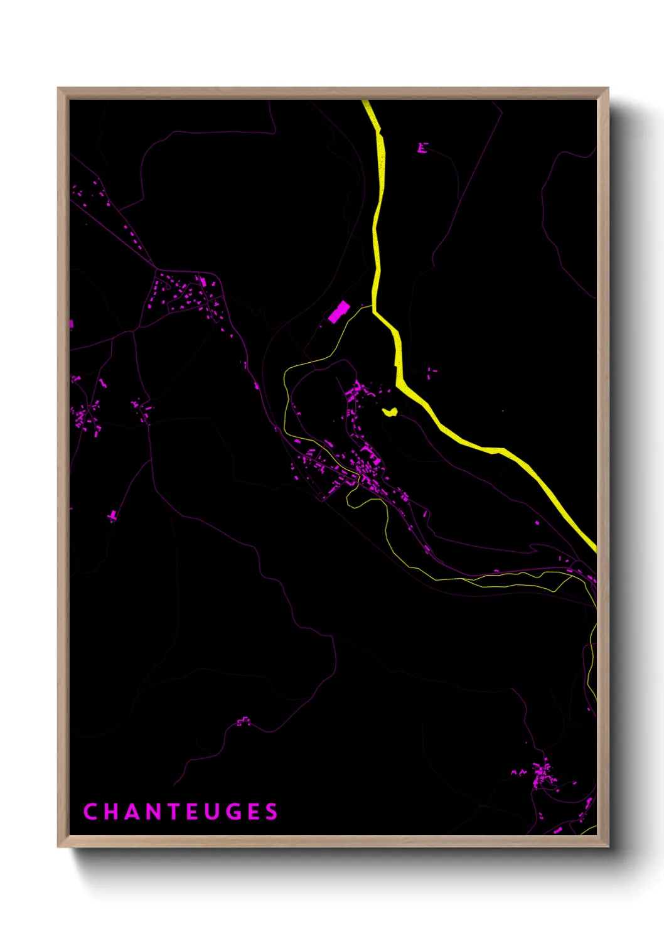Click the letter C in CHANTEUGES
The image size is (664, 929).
click(90, 812)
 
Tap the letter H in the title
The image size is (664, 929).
click(110, 812)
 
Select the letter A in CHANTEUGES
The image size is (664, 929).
click(131, 812)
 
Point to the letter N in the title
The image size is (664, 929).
click(152, 812)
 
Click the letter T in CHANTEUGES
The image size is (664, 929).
click(172, 812)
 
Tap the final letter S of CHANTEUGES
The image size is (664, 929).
click(272, 812)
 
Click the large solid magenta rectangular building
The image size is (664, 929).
click(339, 312)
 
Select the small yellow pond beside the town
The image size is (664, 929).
click(390, 412)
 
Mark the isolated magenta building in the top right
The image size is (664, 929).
click(422, 148)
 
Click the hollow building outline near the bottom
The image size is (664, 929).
click(244, 722)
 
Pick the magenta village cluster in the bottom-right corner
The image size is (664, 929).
click(544, 776)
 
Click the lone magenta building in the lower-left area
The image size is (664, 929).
click(112, 516)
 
